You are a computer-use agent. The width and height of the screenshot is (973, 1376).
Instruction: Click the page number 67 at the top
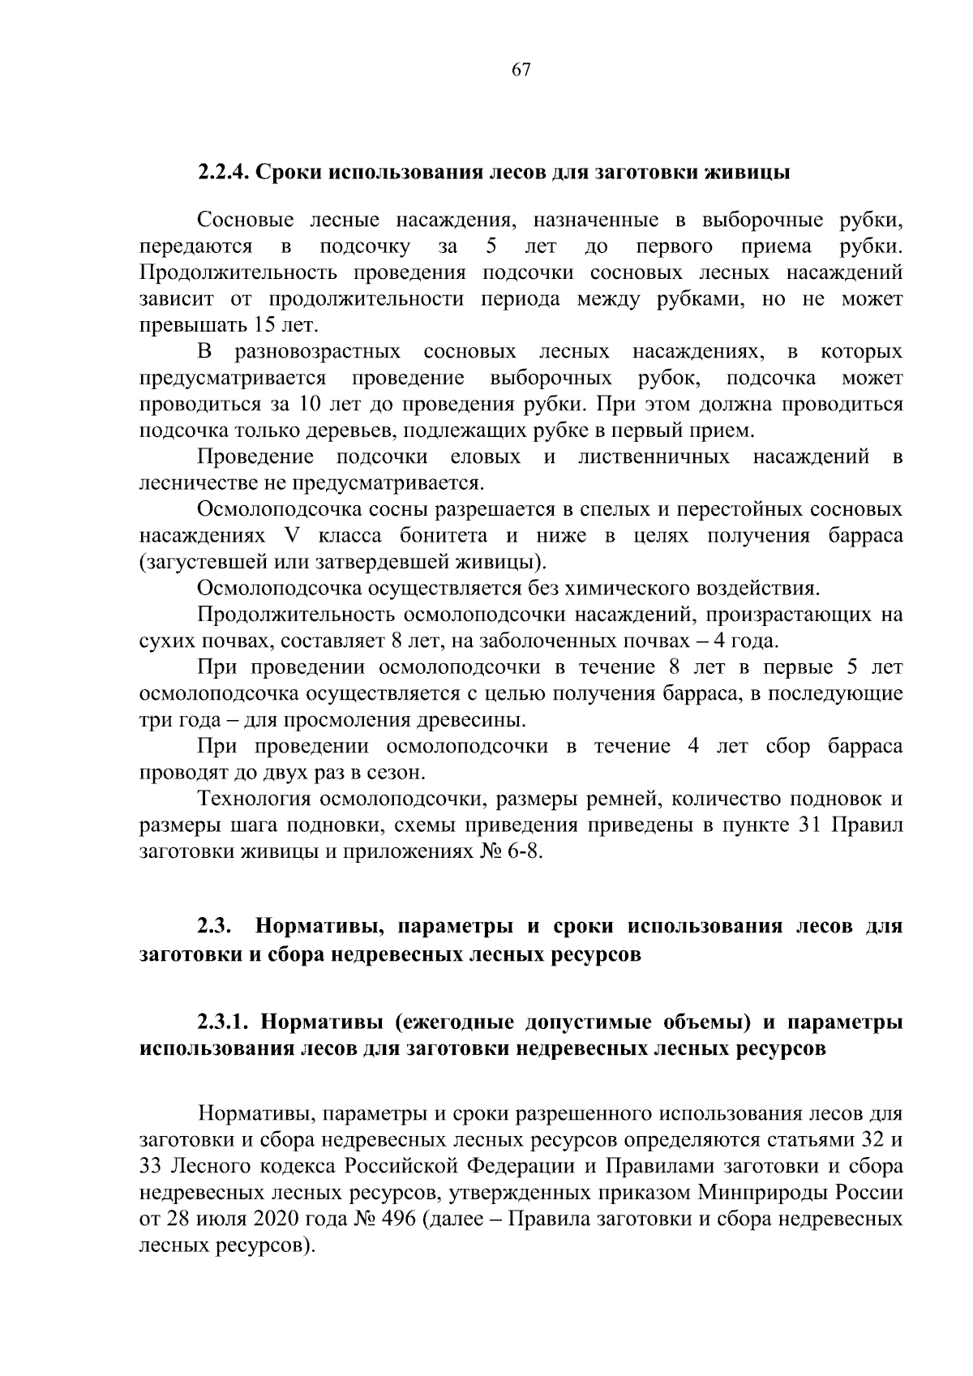pyautogui.click(x=521, y=70)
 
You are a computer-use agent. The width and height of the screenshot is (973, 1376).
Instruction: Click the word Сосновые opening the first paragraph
pyautogui.click(x=242, y=221)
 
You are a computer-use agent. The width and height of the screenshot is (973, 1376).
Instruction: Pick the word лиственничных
pyautogui.click(x=654, y=457)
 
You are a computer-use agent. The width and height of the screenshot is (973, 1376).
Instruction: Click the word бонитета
pyautogui.click(x=443, y=537)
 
